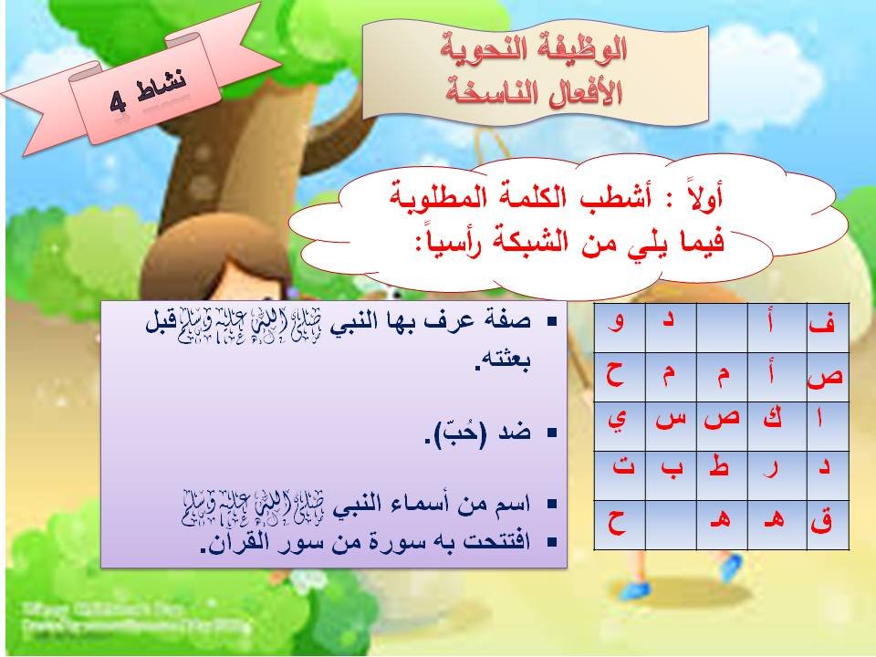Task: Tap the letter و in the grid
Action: [x=620, y=324]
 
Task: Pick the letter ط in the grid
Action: [x=721, y=472]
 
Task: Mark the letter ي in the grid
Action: [x=620, y=422]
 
